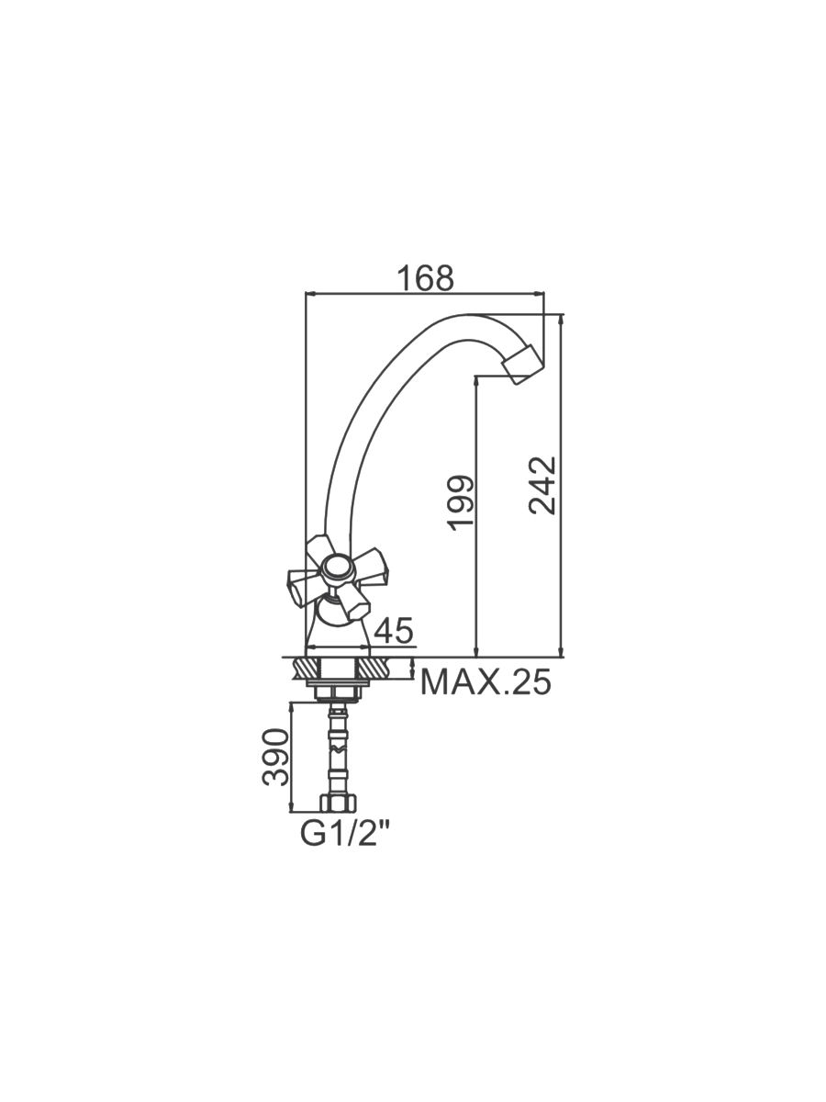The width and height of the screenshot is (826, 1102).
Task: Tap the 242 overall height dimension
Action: [x=542, y=485]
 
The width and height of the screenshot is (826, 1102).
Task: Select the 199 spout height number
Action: [x=461, y=503]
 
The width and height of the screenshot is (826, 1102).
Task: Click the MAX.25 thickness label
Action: [x=486, y=681]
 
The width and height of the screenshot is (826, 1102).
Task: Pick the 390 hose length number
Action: [x=276, y=757]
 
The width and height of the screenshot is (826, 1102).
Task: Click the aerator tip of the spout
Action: [x=523, y=363]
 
